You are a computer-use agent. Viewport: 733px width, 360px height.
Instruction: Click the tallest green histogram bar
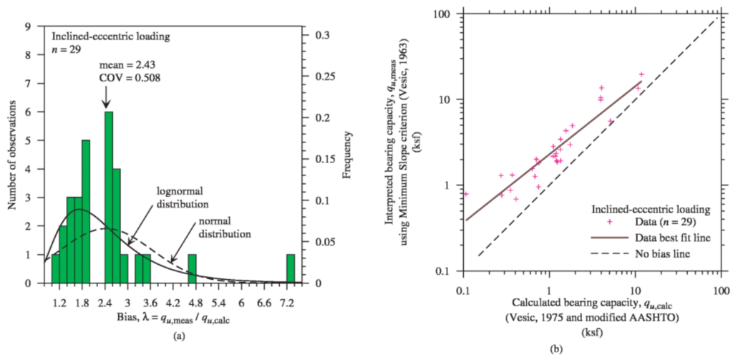click(108, 197)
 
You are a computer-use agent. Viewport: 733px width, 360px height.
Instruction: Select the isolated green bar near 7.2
click(290, 268)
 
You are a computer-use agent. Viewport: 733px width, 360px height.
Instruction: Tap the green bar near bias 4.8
click(192, 268)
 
